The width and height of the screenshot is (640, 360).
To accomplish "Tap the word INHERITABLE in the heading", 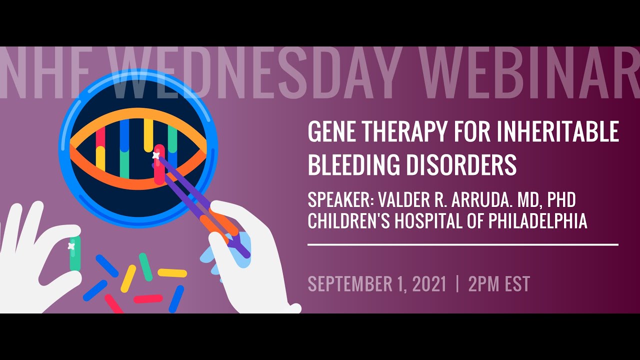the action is [x=557, y=131].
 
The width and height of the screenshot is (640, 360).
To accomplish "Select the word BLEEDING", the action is [x=353, y=164].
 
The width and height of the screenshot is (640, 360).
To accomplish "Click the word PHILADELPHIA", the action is [x=537, y=221].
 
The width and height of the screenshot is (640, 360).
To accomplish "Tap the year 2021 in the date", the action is [x=429, y=283].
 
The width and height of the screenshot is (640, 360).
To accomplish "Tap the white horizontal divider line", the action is [x=463, y=245].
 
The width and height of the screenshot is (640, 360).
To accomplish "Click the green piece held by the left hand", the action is [x=75, y=253].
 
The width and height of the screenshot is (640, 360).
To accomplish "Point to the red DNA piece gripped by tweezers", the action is [x=159, y=164].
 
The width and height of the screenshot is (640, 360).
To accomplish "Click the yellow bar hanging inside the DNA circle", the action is [x=148, y=135].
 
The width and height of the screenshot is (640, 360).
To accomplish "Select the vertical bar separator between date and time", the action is [x=457, y=283].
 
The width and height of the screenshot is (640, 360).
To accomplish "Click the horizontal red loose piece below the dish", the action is [x=148, y=299].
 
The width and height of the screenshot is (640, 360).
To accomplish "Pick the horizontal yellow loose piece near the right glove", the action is [x=172, y=273].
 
